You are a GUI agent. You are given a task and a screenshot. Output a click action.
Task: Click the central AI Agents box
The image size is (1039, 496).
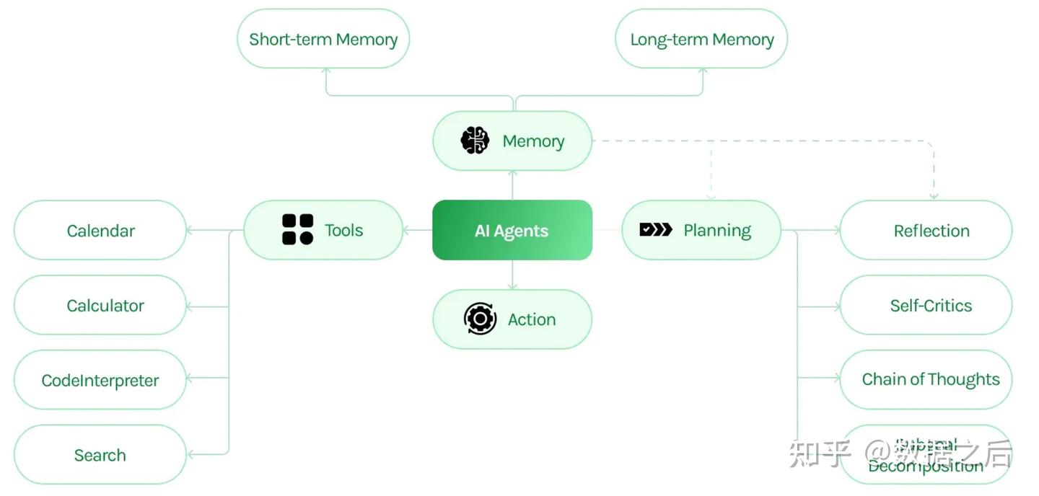tap(512, 231)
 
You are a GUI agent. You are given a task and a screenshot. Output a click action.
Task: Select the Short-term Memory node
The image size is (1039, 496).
tap(323, 39)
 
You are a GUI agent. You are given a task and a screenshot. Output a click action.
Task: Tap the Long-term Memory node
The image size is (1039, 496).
tap(701, 39)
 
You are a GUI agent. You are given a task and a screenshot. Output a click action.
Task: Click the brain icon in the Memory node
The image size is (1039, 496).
tap(475, 141)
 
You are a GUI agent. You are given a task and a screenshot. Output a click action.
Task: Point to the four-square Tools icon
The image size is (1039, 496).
tap(297, 229)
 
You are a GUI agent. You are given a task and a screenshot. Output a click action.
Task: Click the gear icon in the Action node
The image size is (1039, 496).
tap(480, 319)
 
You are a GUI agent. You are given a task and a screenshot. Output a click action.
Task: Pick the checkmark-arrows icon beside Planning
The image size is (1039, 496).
tap(655, 229)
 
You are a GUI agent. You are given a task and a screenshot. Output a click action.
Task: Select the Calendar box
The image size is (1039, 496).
tap(100, 231)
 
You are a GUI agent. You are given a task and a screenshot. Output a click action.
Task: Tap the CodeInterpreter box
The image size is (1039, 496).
tap(100, 380)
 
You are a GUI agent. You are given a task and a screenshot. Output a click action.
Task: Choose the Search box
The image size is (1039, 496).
tap(100, 455)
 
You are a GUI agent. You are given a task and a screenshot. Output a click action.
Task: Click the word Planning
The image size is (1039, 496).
tap(716, 231)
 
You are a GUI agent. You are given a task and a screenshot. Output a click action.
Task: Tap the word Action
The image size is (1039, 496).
tap(532, 319)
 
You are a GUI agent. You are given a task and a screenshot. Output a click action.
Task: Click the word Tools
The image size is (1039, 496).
tap(343, 230)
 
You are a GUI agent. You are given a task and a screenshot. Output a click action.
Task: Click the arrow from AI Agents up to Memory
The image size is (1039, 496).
tap(512, 185)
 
